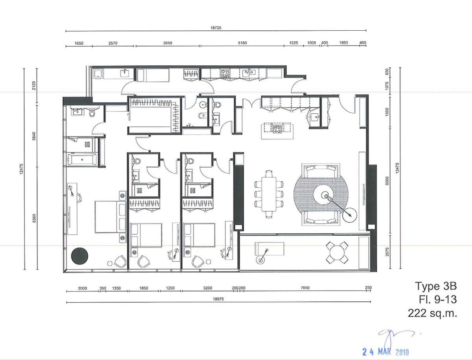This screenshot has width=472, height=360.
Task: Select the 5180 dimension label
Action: tap(242, 43)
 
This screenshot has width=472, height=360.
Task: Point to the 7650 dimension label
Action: tap(305, 288)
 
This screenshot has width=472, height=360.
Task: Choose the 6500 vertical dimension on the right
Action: tap(387, 181)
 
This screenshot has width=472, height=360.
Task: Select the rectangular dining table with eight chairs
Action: tap(269, 194)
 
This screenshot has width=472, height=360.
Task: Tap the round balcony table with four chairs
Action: tap(337, 253)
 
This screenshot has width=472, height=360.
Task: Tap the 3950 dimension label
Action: tap(168, 43)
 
